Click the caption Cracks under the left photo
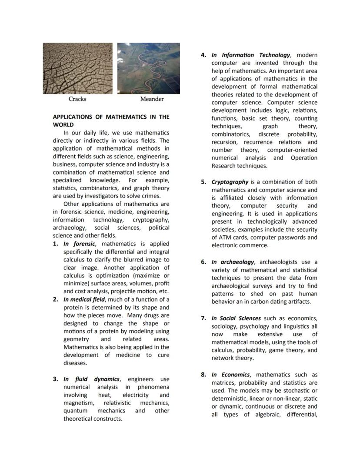click(77, 99)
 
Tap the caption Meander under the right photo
click(152, 99)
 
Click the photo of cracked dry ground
click(77, 68)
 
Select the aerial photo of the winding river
click(149, 68)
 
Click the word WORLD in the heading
click(63, 125)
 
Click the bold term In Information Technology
click(250, 55)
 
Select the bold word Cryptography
click(230, 182)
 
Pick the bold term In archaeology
click(233, 262)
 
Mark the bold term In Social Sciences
click(236, 318)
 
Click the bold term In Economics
click(230, 375)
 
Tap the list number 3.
click(56, 379)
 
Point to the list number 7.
click(203, 318)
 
